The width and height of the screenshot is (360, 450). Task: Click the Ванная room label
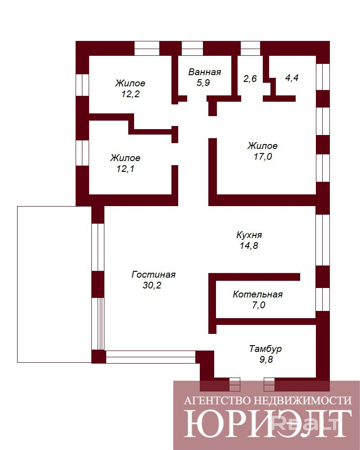click(204, 72)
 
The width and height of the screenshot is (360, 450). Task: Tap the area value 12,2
click(130, 94)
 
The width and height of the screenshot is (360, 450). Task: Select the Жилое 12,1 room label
click(126, 163)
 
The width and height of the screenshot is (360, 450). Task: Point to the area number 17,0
click(263, 157)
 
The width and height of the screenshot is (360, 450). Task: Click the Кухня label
click(249, 235)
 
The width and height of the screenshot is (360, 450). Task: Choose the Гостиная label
click(153, 274)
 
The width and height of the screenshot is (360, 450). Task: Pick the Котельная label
click(257, 294)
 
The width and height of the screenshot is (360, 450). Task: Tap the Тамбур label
click(265, 349)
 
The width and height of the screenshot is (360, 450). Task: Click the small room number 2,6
click(250, 78)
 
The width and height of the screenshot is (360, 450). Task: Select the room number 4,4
click(292, 78)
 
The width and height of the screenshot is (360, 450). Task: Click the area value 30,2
click(152, 285)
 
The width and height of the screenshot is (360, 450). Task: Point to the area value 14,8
click(249, 246)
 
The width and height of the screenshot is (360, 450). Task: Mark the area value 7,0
click(258, 305)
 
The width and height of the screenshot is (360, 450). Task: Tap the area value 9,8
click(266, 359)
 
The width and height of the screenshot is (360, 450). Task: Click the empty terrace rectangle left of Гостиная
click(54, 284)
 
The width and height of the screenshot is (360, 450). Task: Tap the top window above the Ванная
click(192, 48)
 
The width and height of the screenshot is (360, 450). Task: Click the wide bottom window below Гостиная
click(151, 357)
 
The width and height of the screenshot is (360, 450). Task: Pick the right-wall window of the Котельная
click(323, 300)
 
